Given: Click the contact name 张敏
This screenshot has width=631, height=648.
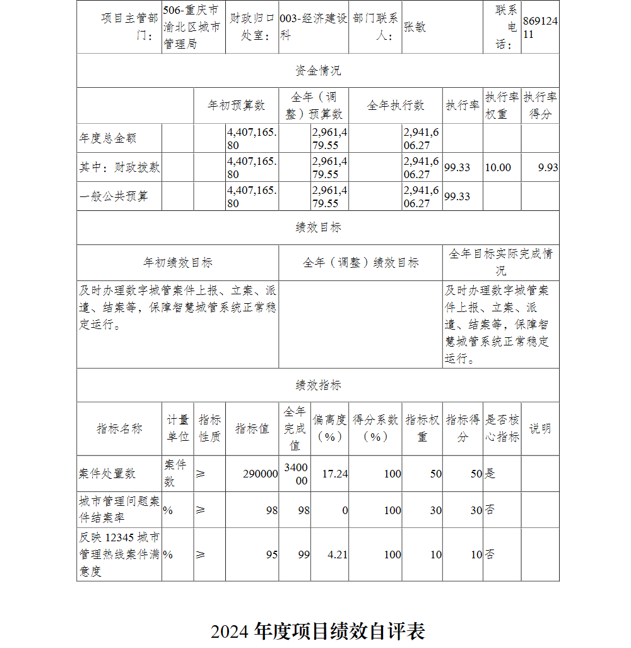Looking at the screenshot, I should pyautogui.click(x=415, y=27).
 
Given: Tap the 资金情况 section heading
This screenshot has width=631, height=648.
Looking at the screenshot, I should pyautogui.click(x=318, y=70).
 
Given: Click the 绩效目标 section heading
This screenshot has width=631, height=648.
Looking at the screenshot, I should pyautogui.click(x=318, y=227).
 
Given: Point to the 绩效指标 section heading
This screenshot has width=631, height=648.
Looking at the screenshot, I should pyautogui.click(x=318, y=385).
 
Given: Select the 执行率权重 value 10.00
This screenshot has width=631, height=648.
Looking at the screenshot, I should pyautogui.click(x=498, y=167).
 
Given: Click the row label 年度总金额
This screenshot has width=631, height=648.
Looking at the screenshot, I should pyautogui.click(x=108, y=138).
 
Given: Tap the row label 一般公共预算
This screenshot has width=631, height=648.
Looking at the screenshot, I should pyautogui.click(x=114, y=196).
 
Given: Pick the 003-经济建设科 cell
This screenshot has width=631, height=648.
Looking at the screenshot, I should pyautogui.click(x=313, y=27).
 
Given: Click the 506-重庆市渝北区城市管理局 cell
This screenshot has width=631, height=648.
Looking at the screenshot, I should pyautogui.click(x=192, y=27).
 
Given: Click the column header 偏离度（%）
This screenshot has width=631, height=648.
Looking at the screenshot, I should pyautogui.click(x=329, y=428).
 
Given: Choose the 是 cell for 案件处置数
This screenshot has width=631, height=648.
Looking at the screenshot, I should pyautogui.click(x=490, y=474).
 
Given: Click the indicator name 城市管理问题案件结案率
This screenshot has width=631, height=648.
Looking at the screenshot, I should pyautogui.click(x=119, y=509).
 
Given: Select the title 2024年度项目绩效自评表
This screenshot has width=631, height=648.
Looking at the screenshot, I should pyautogui.click(x=318, y=631).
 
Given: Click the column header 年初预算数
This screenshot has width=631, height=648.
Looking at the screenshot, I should pyautogui.click(x=237, y=105).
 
